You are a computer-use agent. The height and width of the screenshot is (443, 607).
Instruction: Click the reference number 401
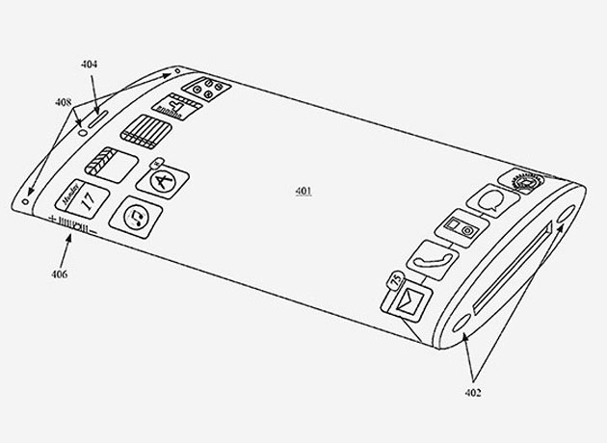pyautogui.click(x=303, y=191)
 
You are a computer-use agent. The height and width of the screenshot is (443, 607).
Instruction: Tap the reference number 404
pyautogui.click(x=89, y=64)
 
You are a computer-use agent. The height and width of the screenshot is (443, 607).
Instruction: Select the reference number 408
pyautogui.click(x=63, y=102)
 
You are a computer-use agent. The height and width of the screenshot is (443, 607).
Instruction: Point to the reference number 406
pyautogui.click(x=59, y=274)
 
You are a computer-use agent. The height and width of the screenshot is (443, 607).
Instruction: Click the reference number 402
pyautogui.click(x=473, y=392)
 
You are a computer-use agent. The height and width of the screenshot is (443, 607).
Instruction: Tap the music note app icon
pyautogui.click(x=136, y=217)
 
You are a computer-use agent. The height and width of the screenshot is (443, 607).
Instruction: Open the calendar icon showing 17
pyautogui.click(x=82, y=198)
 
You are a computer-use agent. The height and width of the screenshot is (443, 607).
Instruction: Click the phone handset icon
pyautogui.click(x=433, y=260)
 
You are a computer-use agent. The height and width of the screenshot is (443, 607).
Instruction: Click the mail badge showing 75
pyautogui.click(x=395, y=279)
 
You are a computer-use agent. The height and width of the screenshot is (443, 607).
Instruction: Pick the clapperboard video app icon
pyautogui.click(x=112, y=165)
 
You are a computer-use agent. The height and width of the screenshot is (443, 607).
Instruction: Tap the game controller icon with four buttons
pyautogui.click(x=207, y=89)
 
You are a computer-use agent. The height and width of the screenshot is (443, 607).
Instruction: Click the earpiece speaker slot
pyautogui.click(x=98, y=118)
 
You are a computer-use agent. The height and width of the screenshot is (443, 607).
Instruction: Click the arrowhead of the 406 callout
pyautogui.click(x=69, y=238)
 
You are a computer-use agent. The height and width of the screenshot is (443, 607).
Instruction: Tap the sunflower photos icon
pyautogui.click(x=522, y=181)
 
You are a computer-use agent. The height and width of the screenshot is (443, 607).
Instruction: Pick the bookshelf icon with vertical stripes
pyautogui.click(x=145, y=132)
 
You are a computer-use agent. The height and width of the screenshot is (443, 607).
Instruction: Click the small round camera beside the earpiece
pyautogui.click(x=83, y=133)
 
